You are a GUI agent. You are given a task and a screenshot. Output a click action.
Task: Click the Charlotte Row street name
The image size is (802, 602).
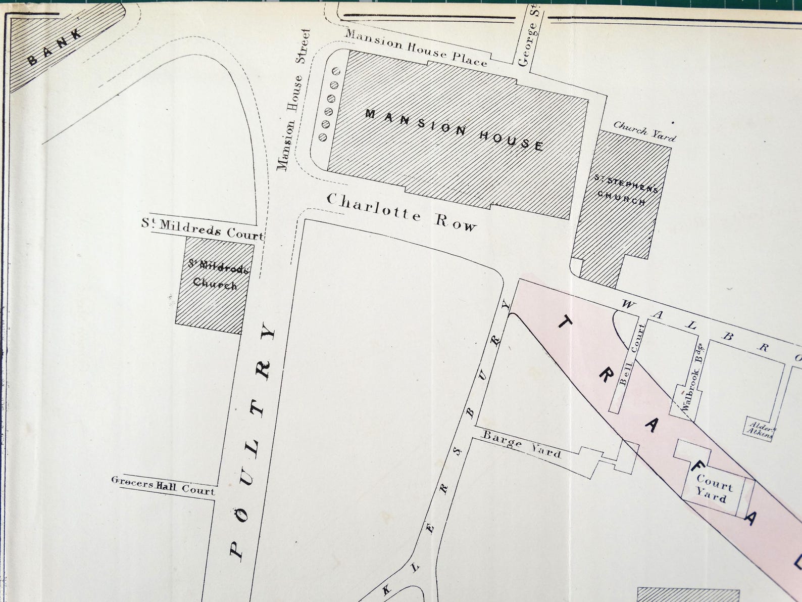click(x=402, y=212)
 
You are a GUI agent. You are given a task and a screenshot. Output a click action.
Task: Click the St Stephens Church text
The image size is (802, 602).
click(x=626, y=189)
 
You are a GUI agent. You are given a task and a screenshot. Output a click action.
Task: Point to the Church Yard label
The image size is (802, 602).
click(x=644, y=131)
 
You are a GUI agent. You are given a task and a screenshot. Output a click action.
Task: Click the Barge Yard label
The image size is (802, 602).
click(x=522, y=443)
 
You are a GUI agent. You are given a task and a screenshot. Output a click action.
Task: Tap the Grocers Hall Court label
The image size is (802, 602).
click(x=163, y=485)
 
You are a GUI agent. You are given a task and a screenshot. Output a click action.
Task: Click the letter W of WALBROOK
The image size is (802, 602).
click(x=628, y=304)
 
